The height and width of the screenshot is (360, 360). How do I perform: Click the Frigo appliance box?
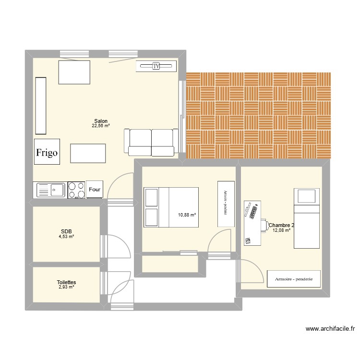tap(47, 152)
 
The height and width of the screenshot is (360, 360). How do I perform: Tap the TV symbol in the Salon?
tap(156, 66)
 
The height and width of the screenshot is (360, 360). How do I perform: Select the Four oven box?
tap(95, 190)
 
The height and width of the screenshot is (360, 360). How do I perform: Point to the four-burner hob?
tap(76, 190)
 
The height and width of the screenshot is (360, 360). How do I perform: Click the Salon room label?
tap(101, 121)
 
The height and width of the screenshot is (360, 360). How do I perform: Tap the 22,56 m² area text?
tap(101, 126)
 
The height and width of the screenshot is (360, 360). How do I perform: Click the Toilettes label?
tap(66, 283)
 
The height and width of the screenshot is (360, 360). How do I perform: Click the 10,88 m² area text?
tap(187, 215)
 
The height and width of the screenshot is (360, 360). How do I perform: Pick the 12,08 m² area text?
tap(282, 230)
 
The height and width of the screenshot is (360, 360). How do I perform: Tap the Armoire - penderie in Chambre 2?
tap(294, 279)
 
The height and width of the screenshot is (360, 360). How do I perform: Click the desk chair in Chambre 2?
tap(264, 225)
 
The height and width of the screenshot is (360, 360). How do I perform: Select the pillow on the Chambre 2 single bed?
tap(307, 196)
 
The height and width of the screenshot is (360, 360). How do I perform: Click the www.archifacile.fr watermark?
tap(330, 329)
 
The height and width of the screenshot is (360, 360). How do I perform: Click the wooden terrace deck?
tap(258, 115)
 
